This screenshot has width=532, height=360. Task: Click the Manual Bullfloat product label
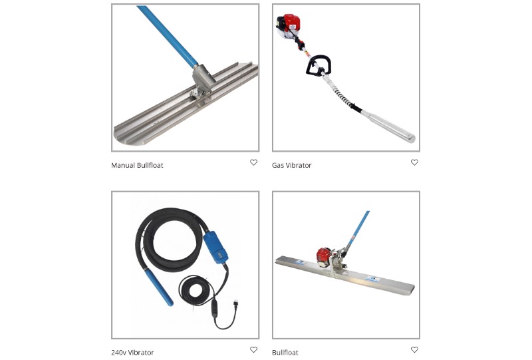click(x=137, y=166)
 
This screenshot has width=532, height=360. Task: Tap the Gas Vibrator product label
click(x=291, y=166)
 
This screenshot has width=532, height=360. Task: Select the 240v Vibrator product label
click(x=132, y=353)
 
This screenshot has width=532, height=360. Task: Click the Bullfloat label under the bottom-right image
click(x=285, y=353)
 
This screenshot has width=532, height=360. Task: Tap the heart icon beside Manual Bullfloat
click(x=253, y=162)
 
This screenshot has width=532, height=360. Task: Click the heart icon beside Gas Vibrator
click(x=414, y=162)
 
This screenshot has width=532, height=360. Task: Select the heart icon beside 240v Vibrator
click(x=253, y=349)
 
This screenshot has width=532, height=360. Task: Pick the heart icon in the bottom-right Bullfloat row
click(x=414, y=349)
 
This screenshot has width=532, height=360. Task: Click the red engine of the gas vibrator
click(x=289, y=25)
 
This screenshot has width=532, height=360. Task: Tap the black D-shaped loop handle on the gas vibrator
click(x=318, y=65)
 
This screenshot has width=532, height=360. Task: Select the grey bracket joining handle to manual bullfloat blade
click(x=203, y=80)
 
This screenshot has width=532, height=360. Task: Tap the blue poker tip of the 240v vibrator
click(x=159, y=286)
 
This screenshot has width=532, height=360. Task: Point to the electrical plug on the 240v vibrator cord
click(x=233, y=304)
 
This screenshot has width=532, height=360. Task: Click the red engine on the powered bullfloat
click(x=324, y=257)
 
